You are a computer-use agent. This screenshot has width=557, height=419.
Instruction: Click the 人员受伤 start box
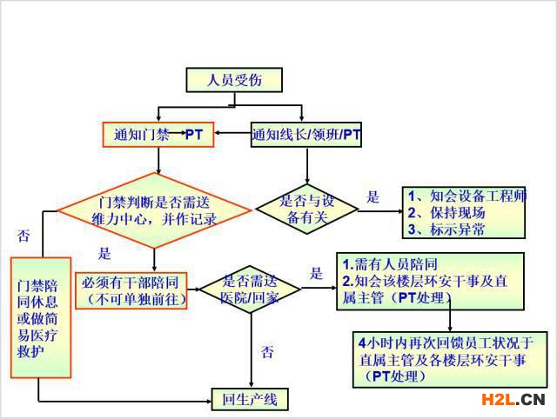click(x=234, y=80)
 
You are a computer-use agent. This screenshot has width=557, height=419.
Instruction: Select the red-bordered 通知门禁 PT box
click(x=158, y=135)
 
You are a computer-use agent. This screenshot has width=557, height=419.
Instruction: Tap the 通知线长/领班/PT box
click(x=306, y=135)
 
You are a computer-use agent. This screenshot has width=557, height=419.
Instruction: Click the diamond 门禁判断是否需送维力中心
click(x=154, y=210)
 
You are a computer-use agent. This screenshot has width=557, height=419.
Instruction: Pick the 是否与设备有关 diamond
click(x=307, y=209)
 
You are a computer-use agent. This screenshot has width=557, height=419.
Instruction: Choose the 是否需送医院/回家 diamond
click(x=250, y=289)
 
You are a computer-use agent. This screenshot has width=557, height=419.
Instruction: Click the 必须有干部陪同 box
click(x=131, y=290)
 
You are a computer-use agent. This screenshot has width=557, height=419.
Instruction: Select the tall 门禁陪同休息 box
click(x=41, y=317)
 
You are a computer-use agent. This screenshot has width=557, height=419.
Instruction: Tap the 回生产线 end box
click(x=250, y=400)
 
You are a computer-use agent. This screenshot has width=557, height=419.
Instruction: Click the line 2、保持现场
click(x=446, y=212)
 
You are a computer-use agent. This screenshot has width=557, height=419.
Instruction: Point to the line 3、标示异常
click(x=446, y=229)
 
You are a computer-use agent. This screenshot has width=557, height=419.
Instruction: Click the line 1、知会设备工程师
click(x=466, y=196)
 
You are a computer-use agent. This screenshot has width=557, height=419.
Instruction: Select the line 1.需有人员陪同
click(x=390, y=264)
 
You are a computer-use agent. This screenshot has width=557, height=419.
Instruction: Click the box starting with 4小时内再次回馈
click(x=450, y=359)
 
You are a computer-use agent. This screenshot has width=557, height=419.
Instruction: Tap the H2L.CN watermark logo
click(x=513, y=400)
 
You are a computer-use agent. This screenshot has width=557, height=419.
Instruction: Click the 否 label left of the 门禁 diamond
click(x=23, y=236)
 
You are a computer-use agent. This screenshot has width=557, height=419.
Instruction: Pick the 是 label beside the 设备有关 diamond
click(x=372, y=197)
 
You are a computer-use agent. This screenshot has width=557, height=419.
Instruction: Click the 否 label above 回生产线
click(x=267, y=352)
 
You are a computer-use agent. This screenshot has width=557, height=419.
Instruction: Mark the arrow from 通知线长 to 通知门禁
click(x=232, y=133)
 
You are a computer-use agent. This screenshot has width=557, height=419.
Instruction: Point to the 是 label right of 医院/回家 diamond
click(x=316, y=274)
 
